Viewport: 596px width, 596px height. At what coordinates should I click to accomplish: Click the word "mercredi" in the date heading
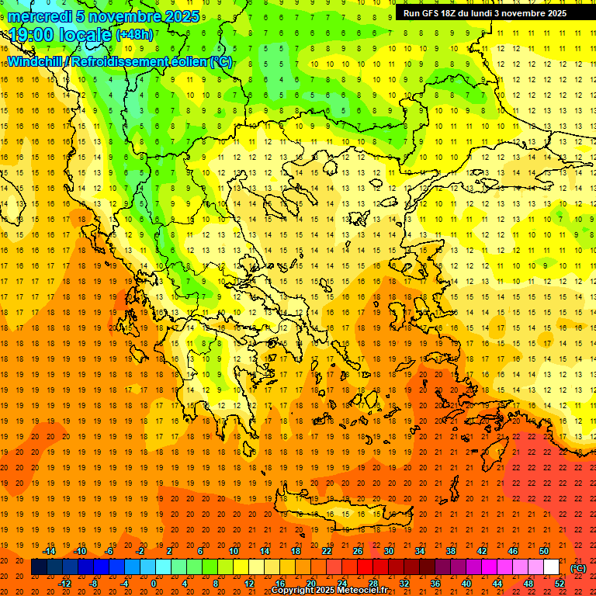point(40,16)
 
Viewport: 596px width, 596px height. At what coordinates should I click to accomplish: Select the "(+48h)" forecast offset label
point(134,35)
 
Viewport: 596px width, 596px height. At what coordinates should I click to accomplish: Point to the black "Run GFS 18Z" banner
point(485,13)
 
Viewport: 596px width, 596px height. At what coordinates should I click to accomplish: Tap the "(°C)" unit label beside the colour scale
point(578,568)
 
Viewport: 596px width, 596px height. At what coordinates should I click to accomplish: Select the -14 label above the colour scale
point(50,551)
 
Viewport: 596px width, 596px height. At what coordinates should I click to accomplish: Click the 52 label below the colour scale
point(560,584)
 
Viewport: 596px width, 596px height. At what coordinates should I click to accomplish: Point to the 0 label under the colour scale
point(154,584)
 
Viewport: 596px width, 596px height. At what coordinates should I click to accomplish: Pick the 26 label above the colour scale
point(358,551)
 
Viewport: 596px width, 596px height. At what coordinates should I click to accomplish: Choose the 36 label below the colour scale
point(435,584)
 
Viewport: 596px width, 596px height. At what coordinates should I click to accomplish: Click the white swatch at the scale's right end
point(552,567)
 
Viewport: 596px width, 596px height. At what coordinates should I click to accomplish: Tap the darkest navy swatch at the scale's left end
point(39,567)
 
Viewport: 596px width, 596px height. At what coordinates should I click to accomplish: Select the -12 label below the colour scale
point(65,584)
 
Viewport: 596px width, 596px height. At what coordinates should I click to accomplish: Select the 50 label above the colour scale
point(544,551)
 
